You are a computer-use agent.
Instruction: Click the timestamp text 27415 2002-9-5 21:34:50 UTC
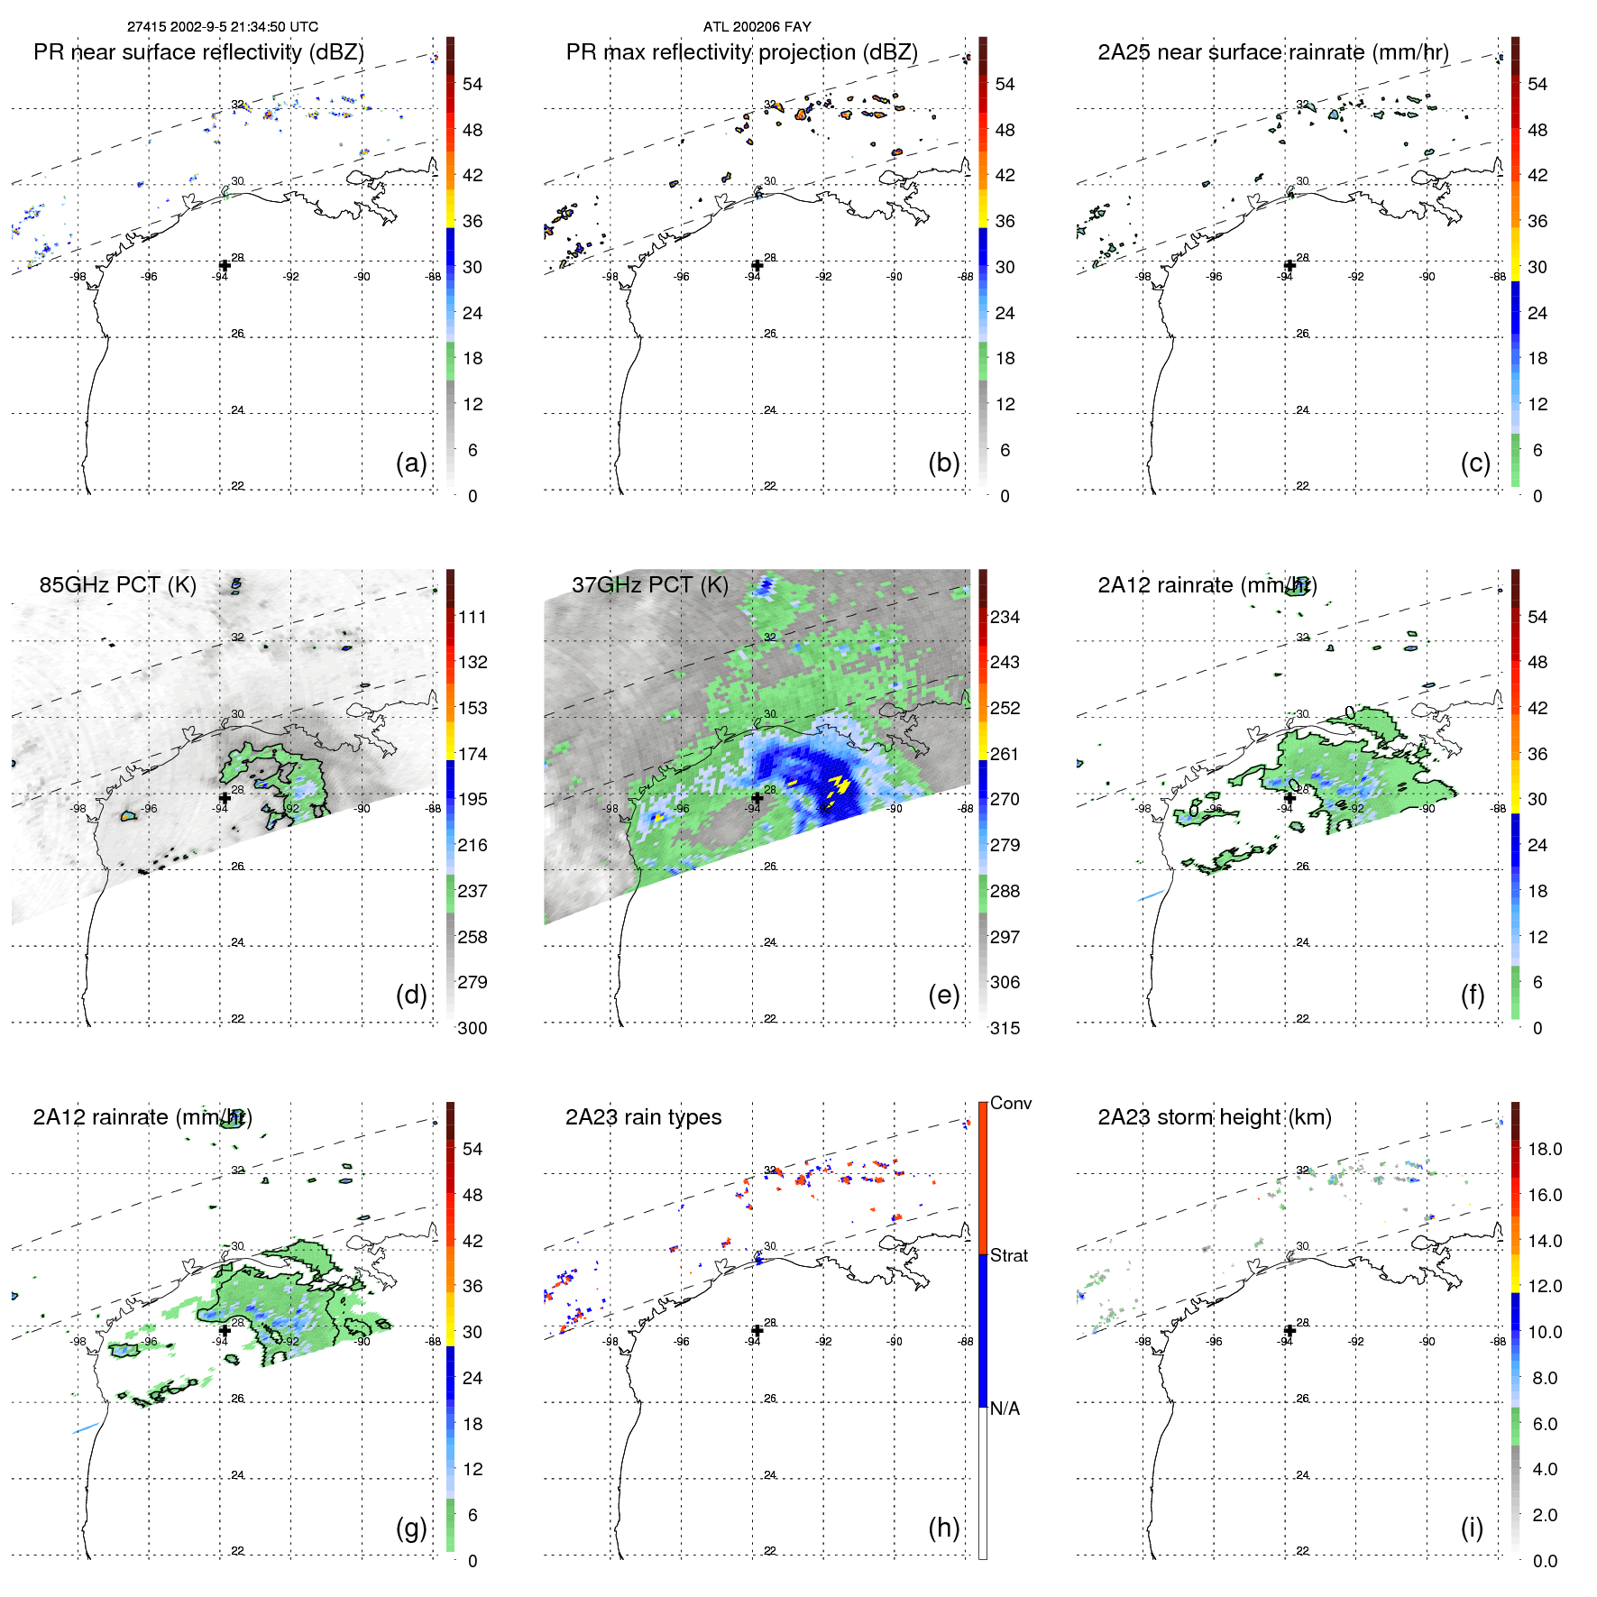pyautogui.click(x=222, y=27)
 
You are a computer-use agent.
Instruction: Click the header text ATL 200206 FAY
pyautogui.click(x=757, y=27)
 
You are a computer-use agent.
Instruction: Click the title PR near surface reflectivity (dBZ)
pyautogui.click(x=198, y=52)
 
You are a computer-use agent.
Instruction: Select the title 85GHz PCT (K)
pyautogui.click(x=117, y=584)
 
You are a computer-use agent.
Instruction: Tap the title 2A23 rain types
pyautogui.click(x=643, y=1117)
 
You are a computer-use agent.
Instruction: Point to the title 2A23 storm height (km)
pyautogui.click(x=1214, y=1117)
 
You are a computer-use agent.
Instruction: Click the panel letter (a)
pyautogui.click(x=411, y=463)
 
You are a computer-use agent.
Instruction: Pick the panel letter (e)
pyautogui.click(x=943, y=995)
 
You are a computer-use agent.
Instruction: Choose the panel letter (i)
pyautogui.click(x=1472, y=1528)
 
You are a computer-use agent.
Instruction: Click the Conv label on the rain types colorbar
pyautogui.click(x=1010, y=1103)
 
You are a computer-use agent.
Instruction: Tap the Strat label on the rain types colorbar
pyautogui.click(x=1008, y=1255)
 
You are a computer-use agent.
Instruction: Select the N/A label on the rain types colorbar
pyautogui.click(x=1005, y=1409)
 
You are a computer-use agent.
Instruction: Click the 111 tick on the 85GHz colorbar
pyautogui.click(x=472, y=617)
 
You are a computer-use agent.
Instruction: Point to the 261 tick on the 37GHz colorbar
pyautogui.click(x=1005, y=754)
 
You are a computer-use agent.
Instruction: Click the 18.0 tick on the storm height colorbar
pyautogui.click(x=1544, y=1149)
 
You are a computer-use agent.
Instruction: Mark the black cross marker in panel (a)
pyautogui.click(x=225, y=265)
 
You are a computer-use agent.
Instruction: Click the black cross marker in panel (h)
pyautogui.click(x=757, y=1330)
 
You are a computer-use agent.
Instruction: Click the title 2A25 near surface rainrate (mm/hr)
pyautogui.click(x=1272, y=52)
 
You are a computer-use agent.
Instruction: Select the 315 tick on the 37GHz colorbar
pyautogui.click(x=1005, y=1028)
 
